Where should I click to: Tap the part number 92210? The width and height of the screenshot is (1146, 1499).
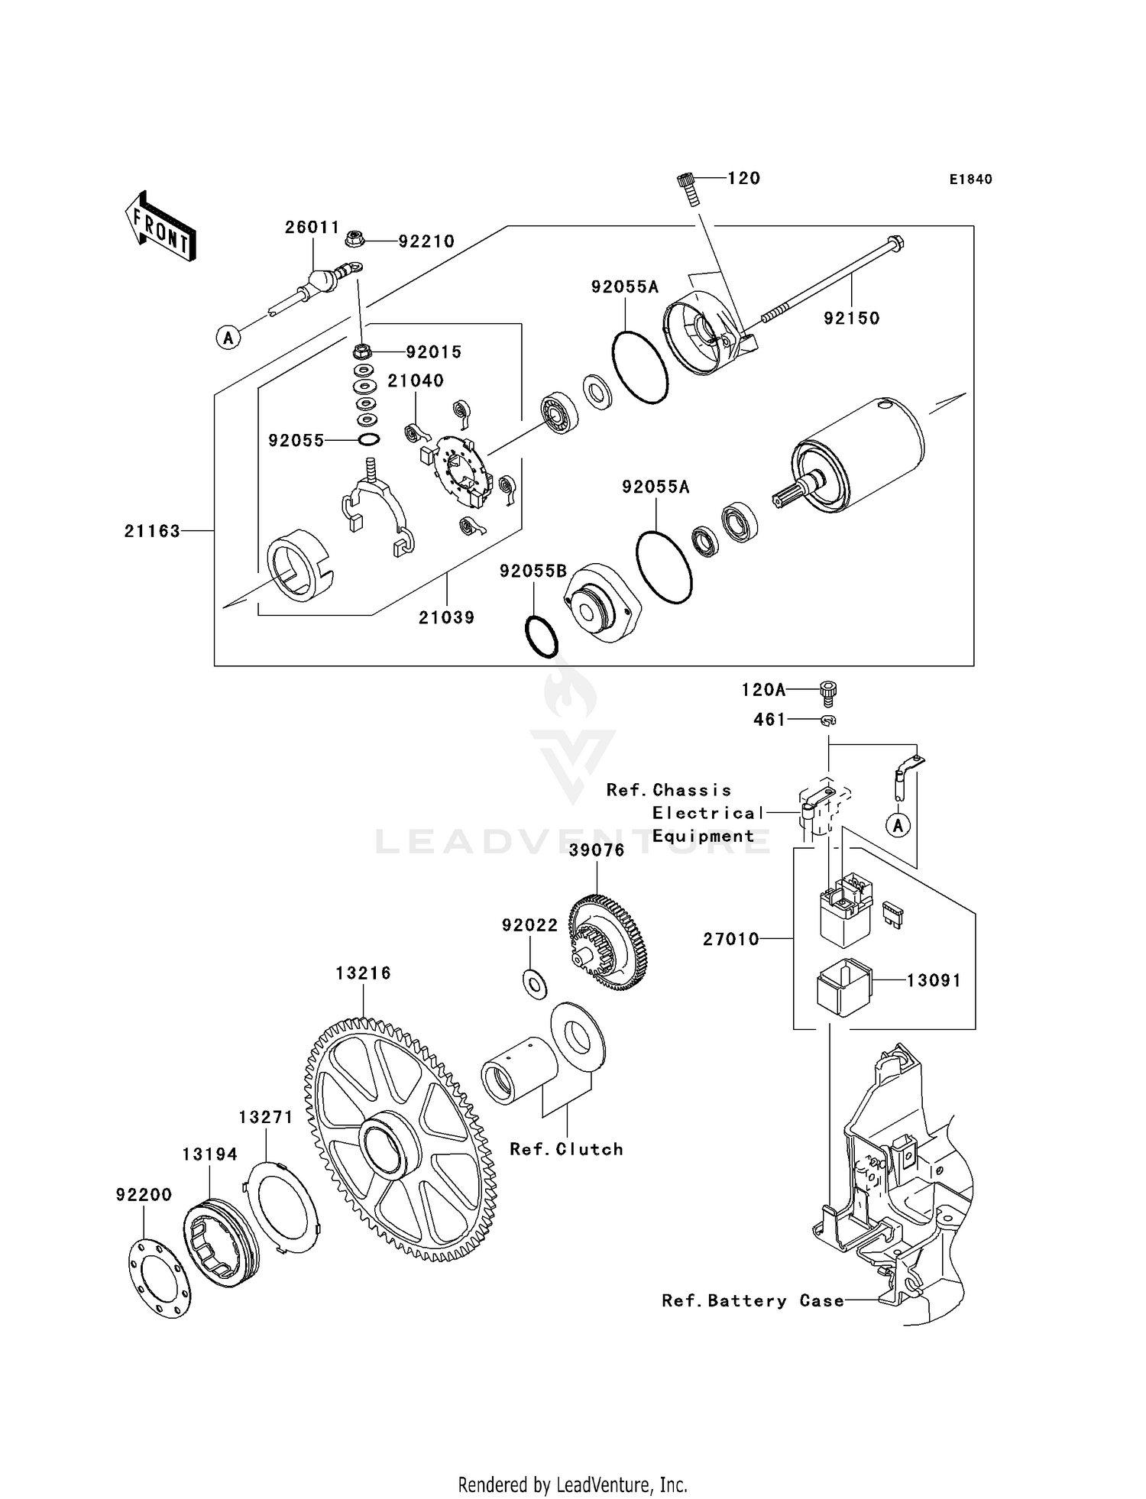click(426, 241)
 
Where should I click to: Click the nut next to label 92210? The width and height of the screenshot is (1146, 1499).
click(354, 238)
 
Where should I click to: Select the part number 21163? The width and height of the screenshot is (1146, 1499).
click(152, 531)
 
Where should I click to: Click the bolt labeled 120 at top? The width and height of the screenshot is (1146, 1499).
click(687, 188)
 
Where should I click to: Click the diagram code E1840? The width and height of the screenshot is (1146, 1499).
click(970, 180)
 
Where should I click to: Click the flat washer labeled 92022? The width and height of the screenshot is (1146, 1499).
click(536, 985)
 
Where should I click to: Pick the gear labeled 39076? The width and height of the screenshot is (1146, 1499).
click(608, 944)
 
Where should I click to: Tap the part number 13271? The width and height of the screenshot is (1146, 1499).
click(265, 1117)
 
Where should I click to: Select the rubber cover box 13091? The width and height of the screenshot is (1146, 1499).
click(844, 987)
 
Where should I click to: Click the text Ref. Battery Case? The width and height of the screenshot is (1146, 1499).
click(753, 1301)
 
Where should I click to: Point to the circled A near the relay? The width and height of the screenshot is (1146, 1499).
click(898, 825)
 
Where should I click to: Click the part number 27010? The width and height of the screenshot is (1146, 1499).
click(731, 939)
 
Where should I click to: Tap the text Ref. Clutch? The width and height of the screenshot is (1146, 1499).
click(566, 1150)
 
